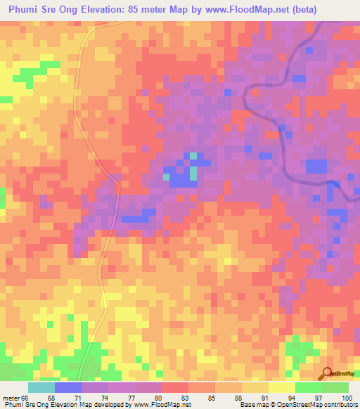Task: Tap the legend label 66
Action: [x=27, y=398]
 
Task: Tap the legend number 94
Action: [x=295, y=398]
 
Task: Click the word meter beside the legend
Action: [x=11, y=398]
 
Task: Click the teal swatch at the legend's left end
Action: [x=41, y=387]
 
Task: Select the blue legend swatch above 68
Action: [x=68, y=387]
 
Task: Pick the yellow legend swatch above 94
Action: [x=282, y=387]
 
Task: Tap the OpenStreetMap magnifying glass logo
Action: [x=327, y=374]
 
